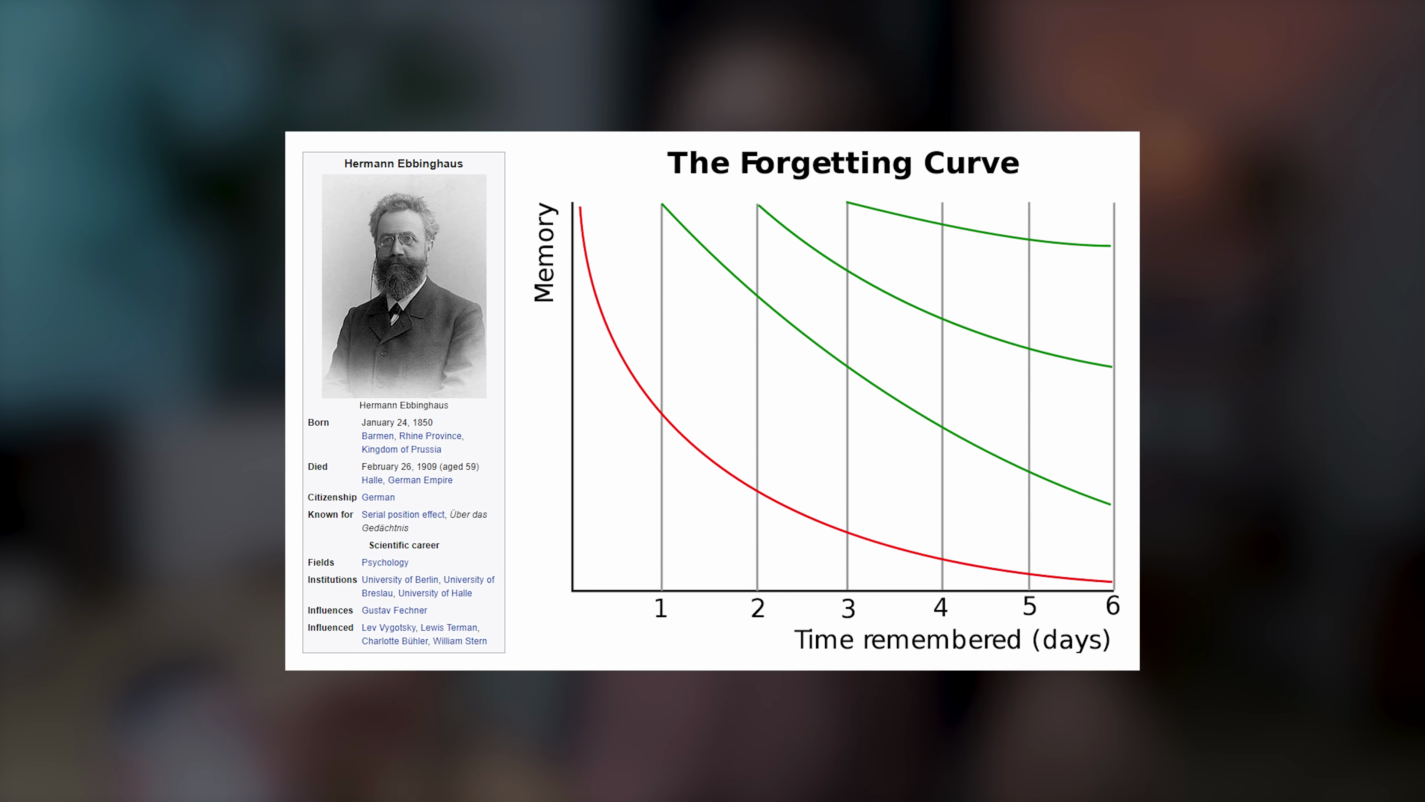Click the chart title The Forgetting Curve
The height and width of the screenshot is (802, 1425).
coord(843,163)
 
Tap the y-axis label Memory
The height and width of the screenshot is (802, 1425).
coord(544,252)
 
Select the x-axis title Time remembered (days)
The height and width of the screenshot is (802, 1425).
coord(952,640)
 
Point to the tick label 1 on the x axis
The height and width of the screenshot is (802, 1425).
coord(661,608)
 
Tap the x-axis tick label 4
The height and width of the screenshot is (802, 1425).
coord(940,607)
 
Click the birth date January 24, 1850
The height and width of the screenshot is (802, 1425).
coord(397,422)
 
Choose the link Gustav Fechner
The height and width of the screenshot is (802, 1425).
coord(394,610)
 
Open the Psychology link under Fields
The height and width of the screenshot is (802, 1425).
coord(385,563)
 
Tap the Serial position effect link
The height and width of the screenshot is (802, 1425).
coord(403,515)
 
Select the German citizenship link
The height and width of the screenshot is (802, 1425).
coord(379,498)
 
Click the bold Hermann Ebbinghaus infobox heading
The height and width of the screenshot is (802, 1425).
coord(403,164)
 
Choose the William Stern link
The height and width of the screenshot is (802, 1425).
coord(460,641)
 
